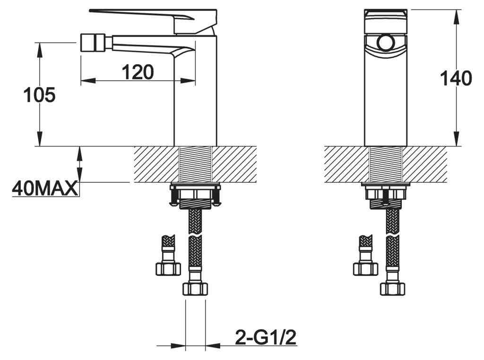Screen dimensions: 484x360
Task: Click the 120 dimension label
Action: (138, 72)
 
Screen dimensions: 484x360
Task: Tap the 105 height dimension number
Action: (40, 94)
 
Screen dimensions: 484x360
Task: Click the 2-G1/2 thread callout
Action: (266, 337)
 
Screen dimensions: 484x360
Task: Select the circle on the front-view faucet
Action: (385, 43)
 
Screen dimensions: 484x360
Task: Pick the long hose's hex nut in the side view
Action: (195, 289)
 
